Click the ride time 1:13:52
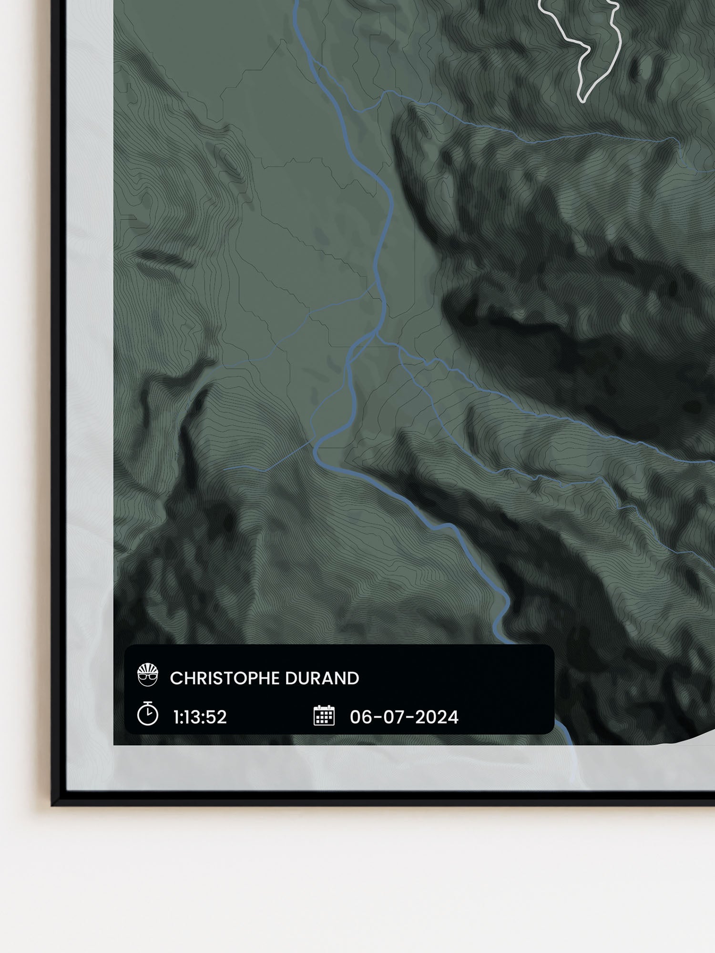tap(200, 717)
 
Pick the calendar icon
tap(324, 716)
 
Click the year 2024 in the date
tap(436, 717)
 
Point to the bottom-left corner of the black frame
tap(54, 804)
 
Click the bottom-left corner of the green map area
tap(114, 744)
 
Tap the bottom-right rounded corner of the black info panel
tap(551, 730)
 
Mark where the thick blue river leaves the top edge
tap(296, 1)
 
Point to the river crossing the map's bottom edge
tap(569, 745)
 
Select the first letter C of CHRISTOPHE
tap(174, 679)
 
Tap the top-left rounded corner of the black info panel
tap(128, 649)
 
